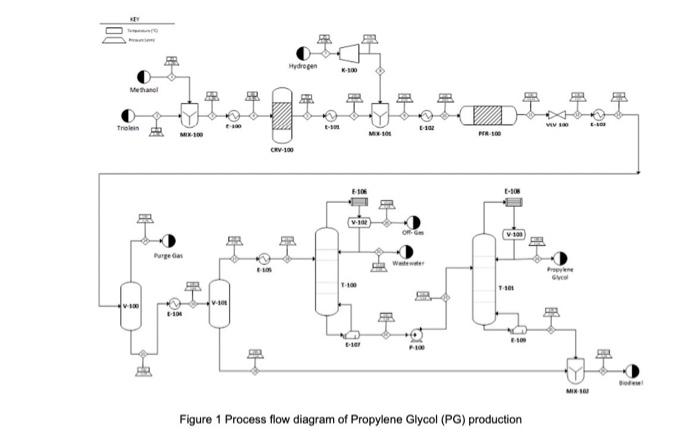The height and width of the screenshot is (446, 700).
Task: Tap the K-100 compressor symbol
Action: click(349, 52)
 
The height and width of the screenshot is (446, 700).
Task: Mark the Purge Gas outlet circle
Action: click(167, 241)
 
